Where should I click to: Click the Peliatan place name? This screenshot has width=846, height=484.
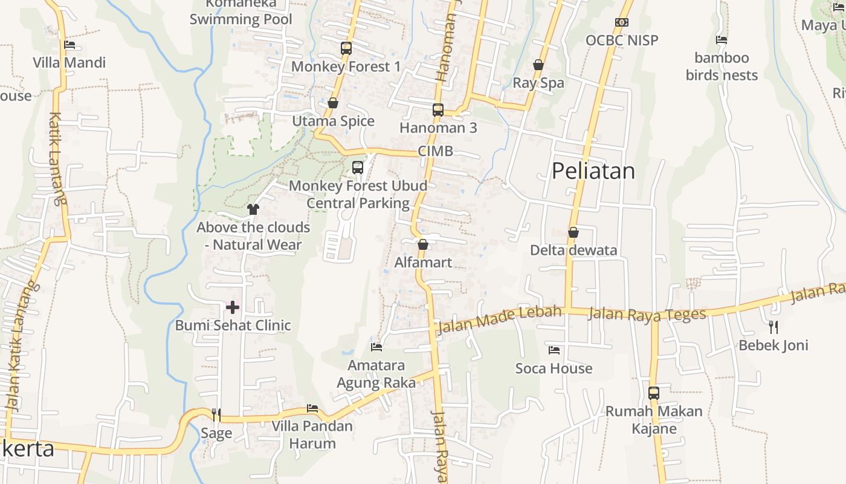click(x=593, y=171)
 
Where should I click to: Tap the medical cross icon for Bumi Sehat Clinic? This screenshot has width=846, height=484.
click(x=232, y=307)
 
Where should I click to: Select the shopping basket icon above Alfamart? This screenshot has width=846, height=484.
click(x=422, y=244)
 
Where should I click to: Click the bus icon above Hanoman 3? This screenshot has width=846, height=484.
click(x=438, y=110)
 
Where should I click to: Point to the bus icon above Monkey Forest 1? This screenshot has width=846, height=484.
click(x=346, y=48)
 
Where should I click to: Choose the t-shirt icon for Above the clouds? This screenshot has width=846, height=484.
click(x=253, y=209)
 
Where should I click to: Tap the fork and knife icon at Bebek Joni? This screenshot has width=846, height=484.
click(x=773, y=327)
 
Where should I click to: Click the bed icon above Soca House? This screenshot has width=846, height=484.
click(x=554, y=350)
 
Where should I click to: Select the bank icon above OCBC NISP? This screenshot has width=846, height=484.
click(x=621, y=22)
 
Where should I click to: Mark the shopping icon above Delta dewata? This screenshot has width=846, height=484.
click(x=573, y=232)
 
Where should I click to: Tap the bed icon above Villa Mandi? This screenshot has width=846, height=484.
click(x=69, y=44)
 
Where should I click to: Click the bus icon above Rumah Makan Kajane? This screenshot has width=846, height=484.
click(x=654, y=393)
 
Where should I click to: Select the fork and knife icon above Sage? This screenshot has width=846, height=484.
click(x=216, y=414)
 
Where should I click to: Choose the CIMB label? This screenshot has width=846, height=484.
click(x=435, y=151)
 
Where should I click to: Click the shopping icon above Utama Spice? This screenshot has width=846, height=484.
click(x=332, y=103)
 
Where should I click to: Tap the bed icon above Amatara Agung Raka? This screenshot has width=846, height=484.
click(x=376, y=347)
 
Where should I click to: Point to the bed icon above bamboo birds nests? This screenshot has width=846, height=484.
click(x=721, y=40)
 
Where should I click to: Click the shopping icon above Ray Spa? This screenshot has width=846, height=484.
click(x=538, y=65)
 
